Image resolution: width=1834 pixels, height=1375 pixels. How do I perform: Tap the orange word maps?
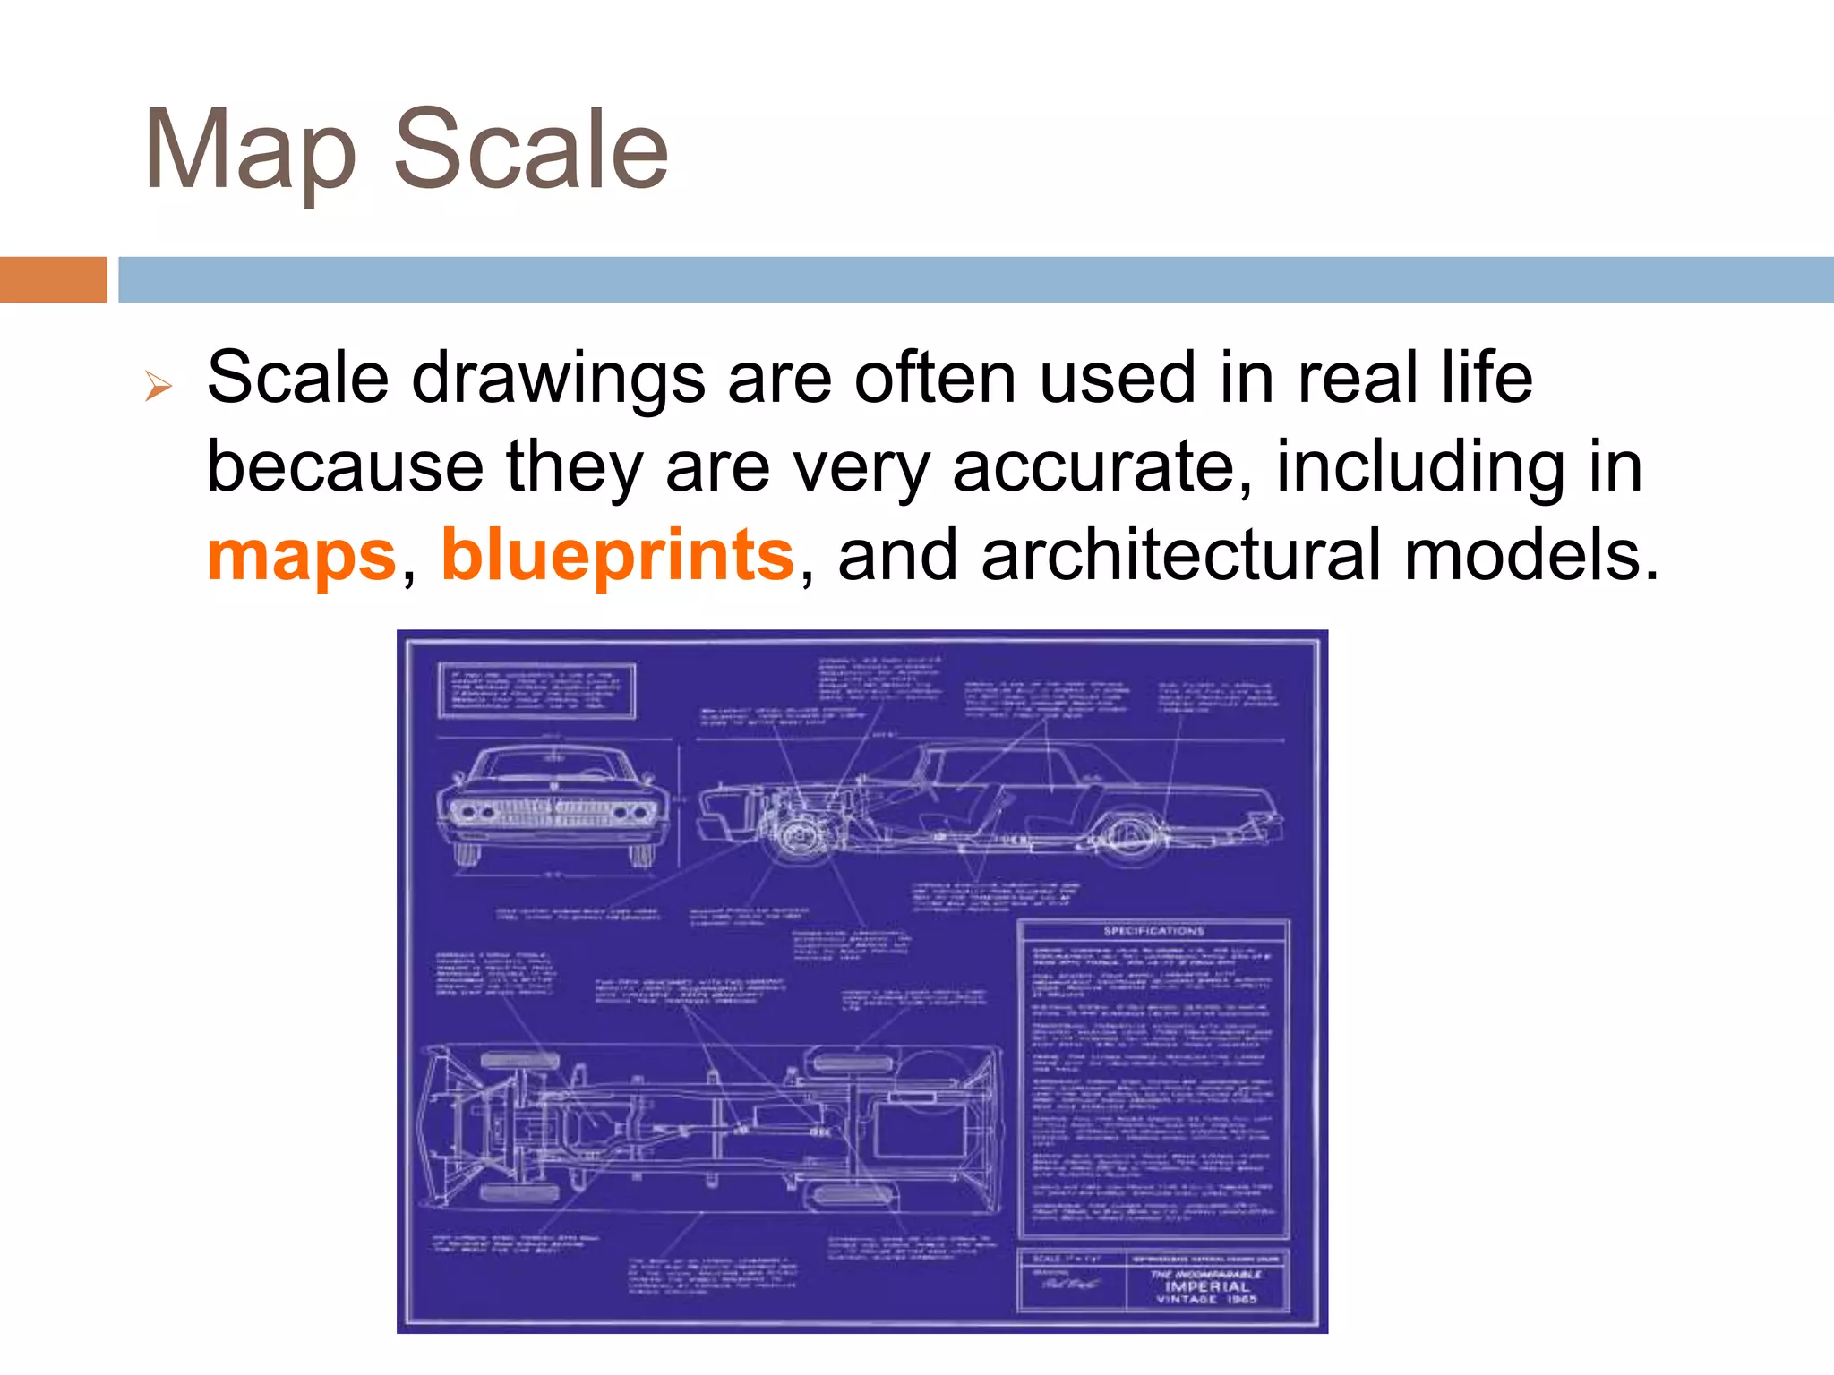[x=302, y=555]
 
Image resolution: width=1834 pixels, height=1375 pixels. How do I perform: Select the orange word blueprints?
[x=618, y=555]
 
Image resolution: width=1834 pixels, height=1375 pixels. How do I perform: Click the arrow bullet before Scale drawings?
[x=159, y=387]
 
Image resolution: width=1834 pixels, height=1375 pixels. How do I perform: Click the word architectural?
[x=1182, y=555]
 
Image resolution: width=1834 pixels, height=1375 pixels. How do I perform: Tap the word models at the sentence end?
[x=1531, y=555]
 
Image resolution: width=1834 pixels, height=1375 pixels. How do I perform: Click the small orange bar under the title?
[x=54, y=279]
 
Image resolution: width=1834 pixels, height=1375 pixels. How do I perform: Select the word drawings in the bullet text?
[x=558, y=379]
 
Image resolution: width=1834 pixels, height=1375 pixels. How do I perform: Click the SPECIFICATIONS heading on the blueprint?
[x=1153, y=931]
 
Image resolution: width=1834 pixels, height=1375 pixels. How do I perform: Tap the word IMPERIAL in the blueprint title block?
[x=1207, y=1286]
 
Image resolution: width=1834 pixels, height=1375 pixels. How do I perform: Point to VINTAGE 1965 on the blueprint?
[x=1207, y=1299]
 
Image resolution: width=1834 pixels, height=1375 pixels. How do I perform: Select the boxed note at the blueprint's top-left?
[x=536, y=690]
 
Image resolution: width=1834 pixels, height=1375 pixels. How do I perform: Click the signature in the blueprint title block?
[x=1069, y=1285]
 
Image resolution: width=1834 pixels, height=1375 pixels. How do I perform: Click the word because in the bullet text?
[x=346, y=466]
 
